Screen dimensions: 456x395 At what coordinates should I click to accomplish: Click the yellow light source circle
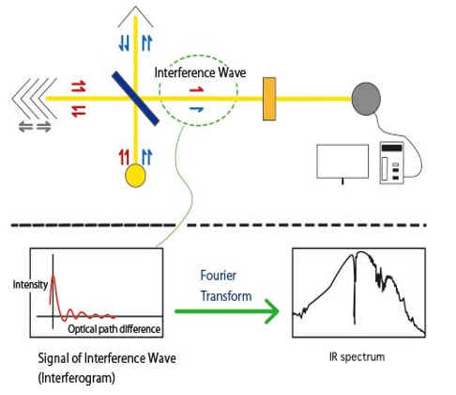[135, 176]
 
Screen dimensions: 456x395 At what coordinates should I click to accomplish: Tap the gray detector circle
[366, 99]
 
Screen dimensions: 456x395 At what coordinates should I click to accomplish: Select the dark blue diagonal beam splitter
[135, 99]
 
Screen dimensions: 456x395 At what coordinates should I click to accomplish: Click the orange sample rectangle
[269, 99]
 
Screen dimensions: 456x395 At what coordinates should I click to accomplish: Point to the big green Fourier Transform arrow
[227, 311]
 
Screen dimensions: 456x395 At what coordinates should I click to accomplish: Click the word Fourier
[219, 276]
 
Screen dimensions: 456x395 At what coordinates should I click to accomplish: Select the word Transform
[226, 296]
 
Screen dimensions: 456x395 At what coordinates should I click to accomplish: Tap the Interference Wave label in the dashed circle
[200, 72]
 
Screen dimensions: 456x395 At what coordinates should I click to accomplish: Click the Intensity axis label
[30, 285]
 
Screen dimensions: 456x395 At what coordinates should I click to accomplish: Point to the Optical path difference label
[114, 329]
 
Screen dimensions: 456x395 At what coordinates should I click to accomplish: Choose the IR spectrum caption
[357, 356]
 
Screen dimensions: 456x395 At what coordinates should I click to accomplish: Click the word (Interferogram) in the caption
[76, 378]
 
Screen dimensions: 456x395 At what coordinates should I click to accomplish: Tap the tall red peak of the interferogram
[53, 276]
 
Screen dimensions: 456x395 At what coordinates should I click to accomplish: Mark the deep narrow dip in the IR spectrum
[355, 323]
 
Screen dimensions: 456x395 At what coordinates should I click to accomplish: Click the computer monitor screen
[342, 161]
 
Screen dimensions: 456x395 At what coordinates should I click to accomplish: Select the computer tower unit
[392, 163]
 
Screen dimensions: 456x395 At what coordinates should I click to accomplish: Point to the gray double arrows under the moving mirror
[35, 127]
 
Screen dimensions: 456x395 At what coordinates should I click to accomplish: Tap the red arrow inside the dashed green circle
[197, 90]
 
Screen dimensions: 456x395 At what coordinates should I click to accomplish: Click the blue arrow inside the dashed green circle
[197, 109]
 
